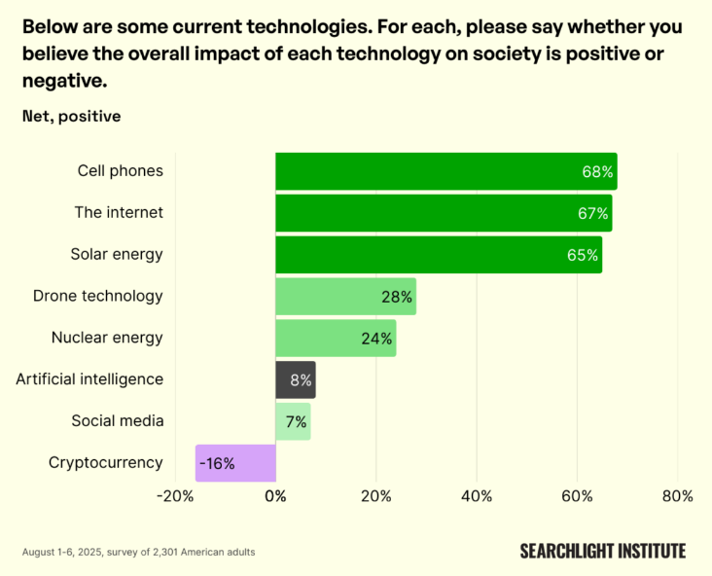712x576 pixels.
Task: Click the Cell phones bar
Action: click(445, 171)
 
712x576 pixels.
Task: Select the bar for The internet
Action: click(444, 213)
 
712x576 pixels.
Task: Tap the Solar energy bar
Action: click(438, 255)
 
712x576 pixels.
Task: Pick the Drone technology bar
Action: click(345, 296)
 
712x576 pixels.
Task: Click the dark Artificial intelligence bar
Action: click(295, 379)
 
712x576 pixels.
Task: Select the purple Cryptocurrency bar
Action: click(235, 463)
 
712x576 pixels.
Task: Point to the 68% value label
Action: click(597, 172)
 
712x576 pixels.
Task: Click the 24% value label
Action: click(376, 339)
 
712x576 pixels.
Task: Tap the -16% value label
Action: click(217, 464)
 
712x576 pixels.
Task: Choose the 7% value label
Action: click(296, 422)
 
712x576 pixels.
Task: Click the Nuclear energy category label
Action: click(107, 338)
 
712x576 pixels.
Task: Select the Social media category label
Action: click(117, 421)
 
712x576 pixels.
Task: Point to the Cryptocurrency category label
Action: click(106, 463)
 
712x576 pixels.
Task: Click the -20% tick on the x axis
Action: click(175, 496)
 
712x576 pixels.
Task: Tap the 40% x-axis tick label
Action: click(477, 496)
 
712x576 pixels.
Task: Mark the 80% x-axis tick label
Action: click(677, 496)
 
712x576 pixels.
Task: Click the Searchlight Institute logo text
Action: click(602, 552)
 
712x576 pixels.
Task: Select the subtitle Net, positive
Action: click(71, 117)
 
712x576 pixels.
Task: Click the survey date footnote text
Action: click(138, 553)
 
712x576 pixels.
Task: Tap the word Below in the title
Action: click(50, 25)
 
